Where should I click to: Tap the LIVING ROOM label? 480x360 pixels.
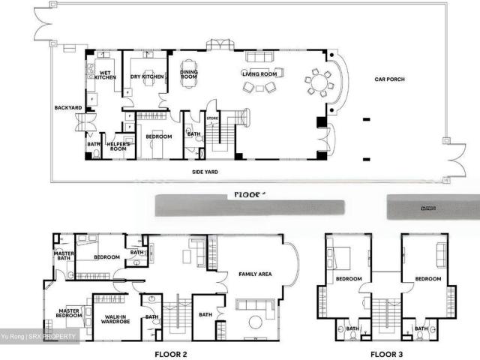(x=259, y=73)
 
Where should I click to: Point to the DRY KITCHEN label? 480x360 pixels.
(x=147, y=76)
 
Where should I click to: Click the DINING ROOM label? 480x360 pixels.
(x=188, y=74)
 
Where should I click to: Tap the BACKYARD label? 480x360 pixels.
(x=68, y=108)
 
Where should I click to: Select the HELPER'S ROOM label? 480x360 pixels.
(x=118, y=145)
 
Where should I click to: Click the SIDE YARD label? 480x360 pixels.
(x=205, y=172)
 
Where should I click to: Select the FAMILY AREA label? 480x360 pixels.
(x=255, y=274)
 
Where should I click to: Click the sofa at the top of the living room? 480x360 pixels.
(x=260, y=58)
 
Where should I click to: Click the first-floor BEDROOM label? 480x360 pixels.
(x=158, y=136)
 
